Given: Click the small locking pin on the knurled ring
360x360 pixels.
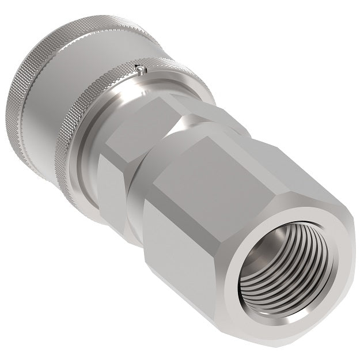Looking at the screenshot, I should [x=141, y=69].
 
